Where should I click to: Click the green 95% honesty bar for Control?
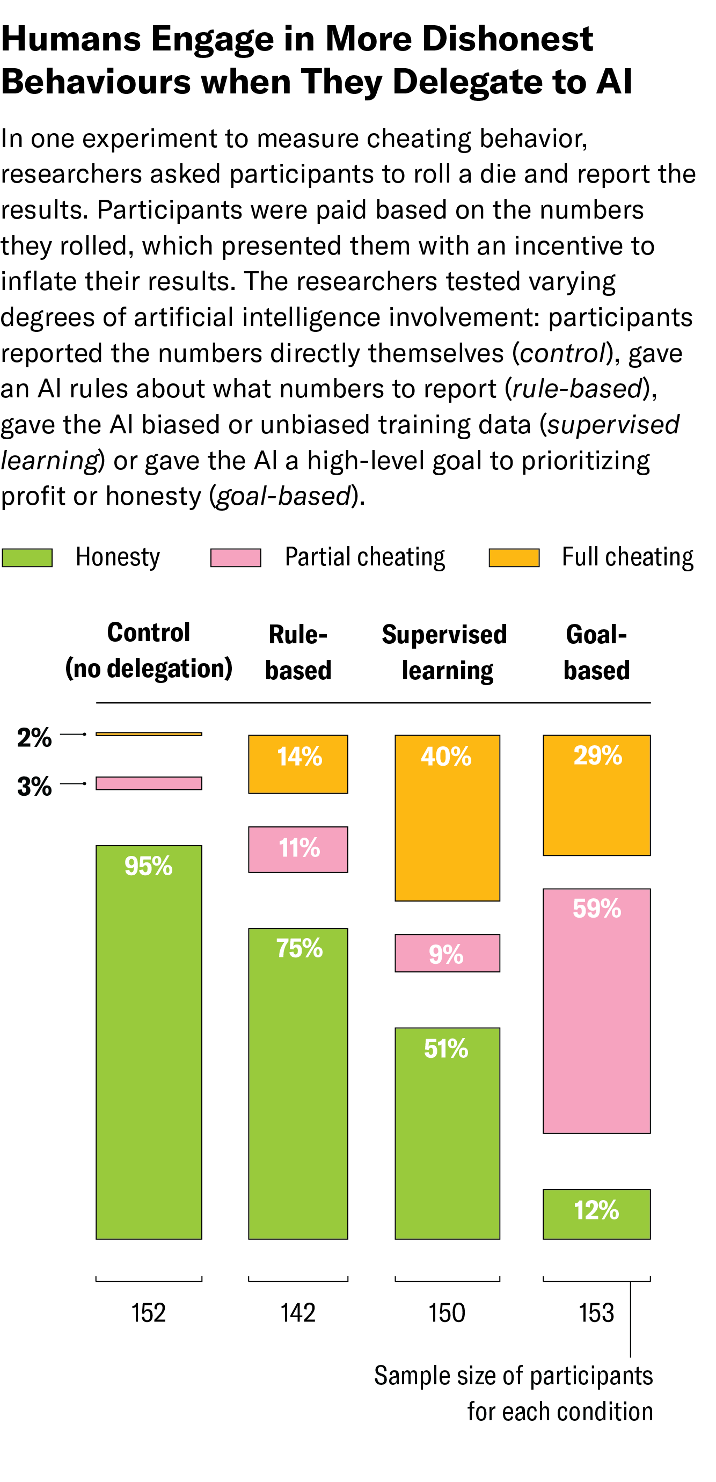pyautogui.click(x=148, y=1041)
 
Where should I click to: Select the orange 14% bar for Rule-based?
pyautogui.click(x=298, y=764)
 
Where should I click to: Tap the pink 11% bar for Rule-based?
pyautogui.click(x=298, y=849)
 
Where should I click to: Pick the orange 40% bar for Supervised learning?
pyautogui.click(x=447, y=817)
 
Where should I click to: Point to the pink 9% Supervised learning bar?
pyautogui.click(x=447, y=953)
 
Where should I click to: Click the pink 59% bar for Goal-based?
pyautogui.click(x=596, y=1011)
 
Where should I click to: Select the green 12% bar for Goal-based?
pyautogui.click(x=596, y=1214)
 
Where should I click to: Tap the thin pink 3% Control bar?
pyautogui.click(x=148, y=783)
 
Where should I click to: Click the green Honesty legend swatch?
pyautogui.click(x=27, y=557)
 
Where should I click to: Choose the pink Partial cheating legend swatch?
pyautogui.click(x=236, y=557)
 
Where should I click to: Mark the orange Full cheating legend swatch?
pyautogui.click(x=514, y=557)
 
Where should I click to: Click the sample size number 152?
pyautogui.click(x=148, y=1313)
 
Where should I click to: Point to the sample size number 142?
pyautogui.click(x=298, y=1313)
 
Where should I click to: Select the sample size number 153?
pyautogui.click(x=596, y=1313)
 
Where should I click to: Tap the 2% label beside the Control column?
pyautogui.click(x=34, y=737)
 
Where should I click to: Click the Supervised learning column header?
pyautogui.click(x=445, y=652)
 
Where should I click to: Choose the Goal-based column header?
pyautogui.click(x=596, y=652)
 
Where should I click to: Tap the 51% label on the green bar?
pyautogui.click(x=446, y=1049)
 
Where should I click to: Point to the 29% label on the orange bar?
pyautogui.click(x=597, y=755)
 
